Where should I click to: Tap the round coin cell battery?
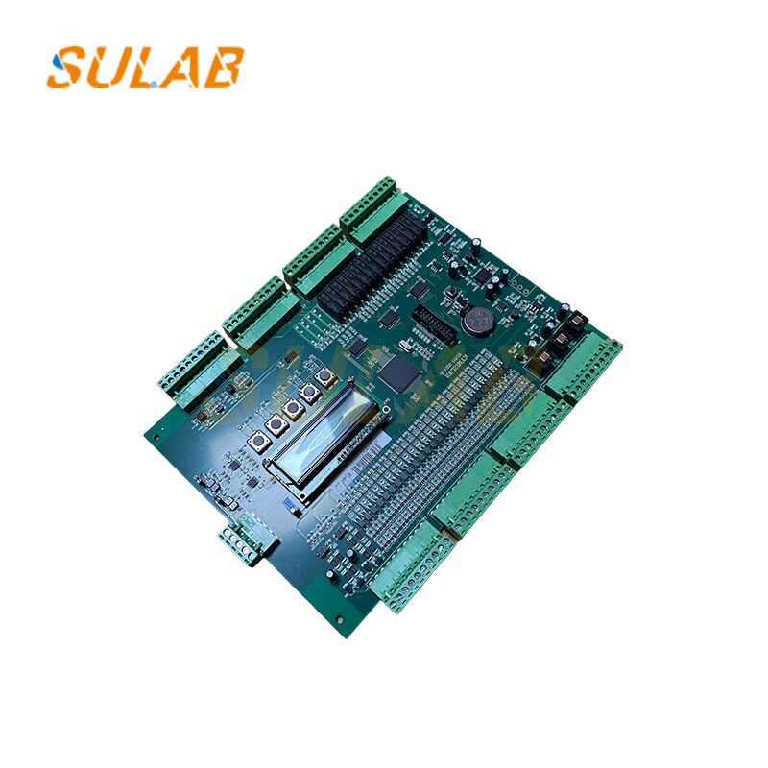[477, 320]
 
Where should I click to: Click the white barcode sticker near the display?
[289, 501]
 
